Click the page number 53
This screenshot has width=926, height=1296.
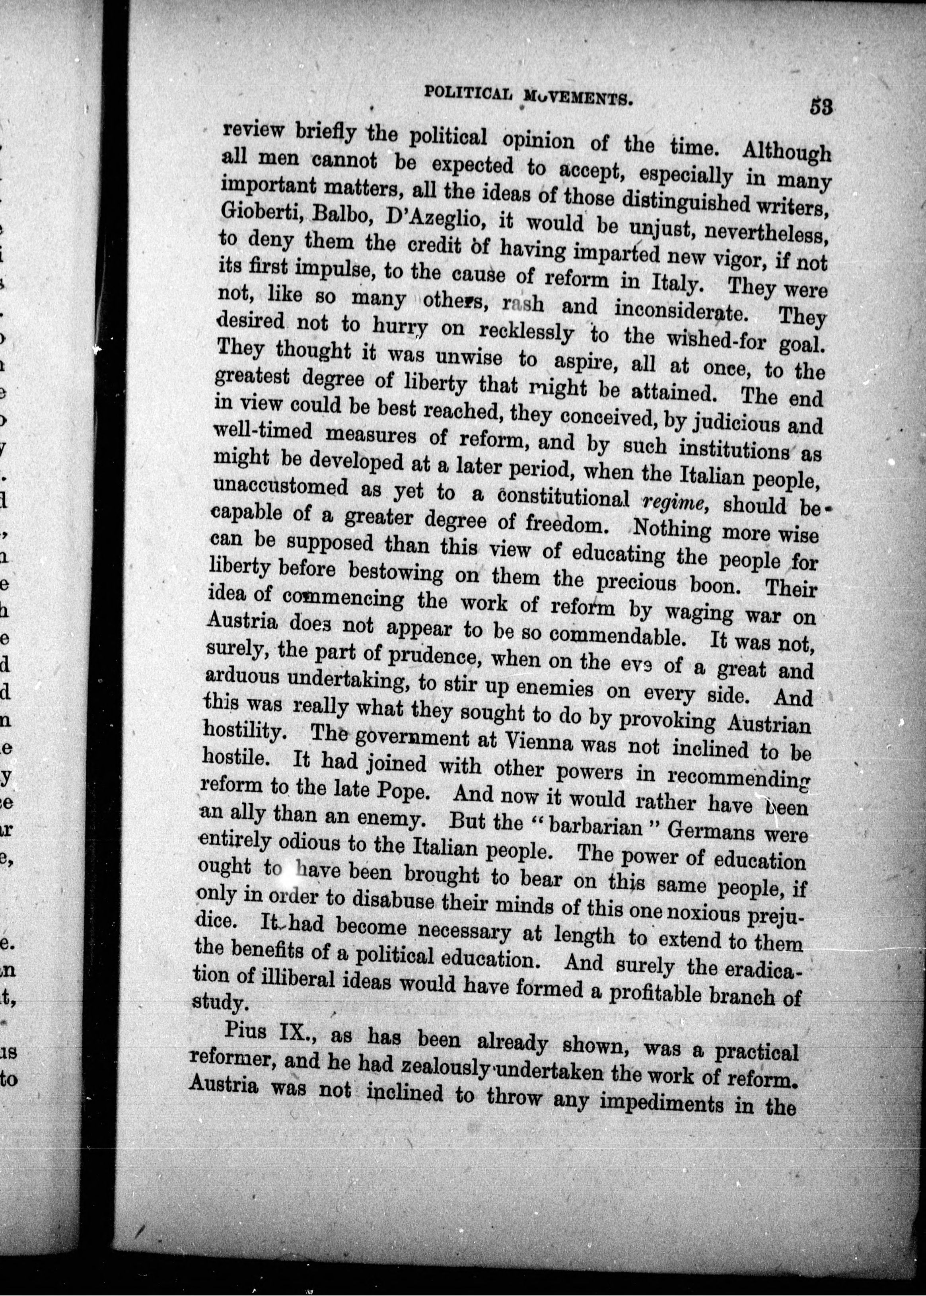coord(821,107)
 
